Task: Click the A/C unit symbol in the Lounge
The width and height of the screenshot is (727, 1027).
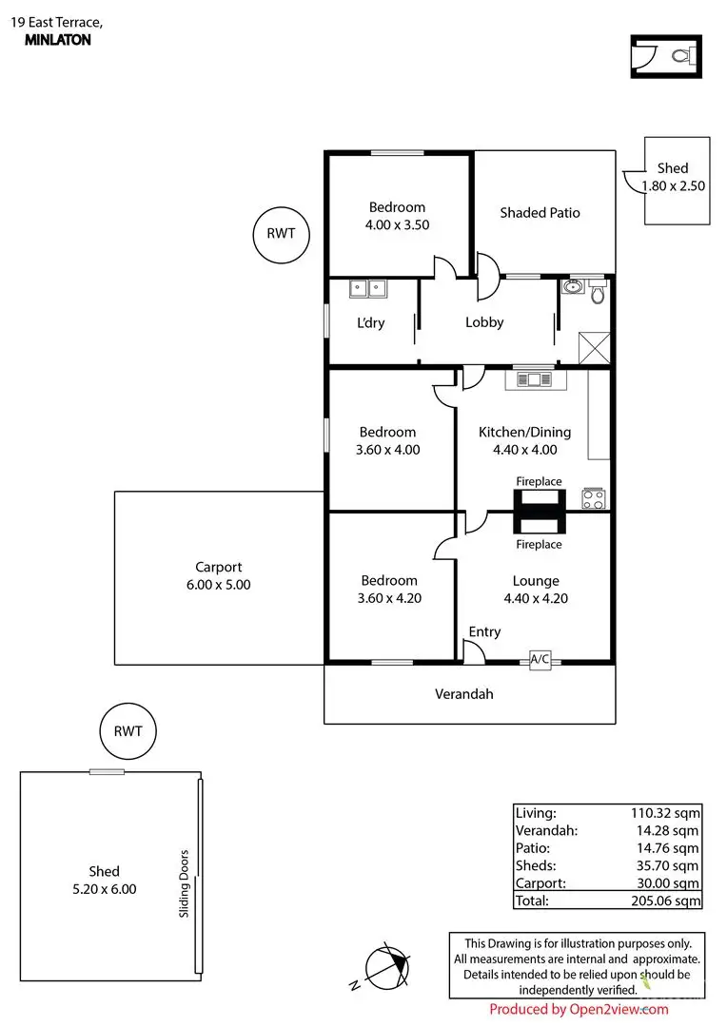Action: tap(540, 660)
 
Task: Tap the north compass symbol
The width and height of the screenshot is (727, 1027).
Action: tap(386, 968)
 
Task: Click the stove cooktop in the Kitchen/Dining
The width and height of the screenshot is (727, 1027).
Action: tap(593, 499)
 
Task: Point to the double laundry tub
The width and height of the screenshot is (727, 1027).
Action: tap(368, 288)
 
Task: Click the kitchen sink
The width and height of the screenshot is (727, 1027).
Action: tap(536, 379)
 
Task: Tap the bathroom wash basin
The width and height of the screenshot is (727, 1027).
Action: tap(573, 286)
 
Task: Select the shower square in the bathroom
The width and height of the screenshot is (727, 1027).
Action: tap(594, 348)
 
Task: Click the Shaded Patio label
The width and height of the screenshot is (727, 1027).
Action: tap(540, 213)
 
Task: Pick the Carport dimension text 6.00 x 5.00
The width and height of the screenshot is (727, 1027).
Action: tap(218, 585)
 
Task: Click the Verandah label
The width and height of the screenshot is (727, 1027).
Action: tap(464, 694)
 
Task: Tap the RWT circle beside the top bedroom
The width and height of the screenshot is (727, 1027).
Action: tap(281, 234)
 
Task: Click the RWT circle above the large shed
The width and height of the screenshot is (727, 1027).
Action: tap(128, 731)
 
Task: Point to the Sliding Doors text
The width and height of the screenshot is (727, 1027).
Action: tap(185, 883)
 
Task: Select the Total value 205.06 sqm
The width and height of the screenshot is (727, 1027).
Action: tap(665, 901)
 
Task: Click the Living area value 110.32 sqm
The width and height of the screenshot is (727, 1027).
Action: tap(665, 813)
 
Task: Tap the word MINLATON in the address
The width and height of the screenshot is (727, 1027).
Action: tap(58, 40)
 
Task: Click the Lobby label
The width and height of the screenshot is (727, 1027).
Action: tap(484, 322)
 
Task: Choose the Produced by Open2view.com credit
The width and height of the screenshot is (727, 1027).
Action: tap(579, 1009)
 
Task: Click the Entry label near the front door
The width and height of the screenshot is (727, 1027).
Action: tap(484, 632)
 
